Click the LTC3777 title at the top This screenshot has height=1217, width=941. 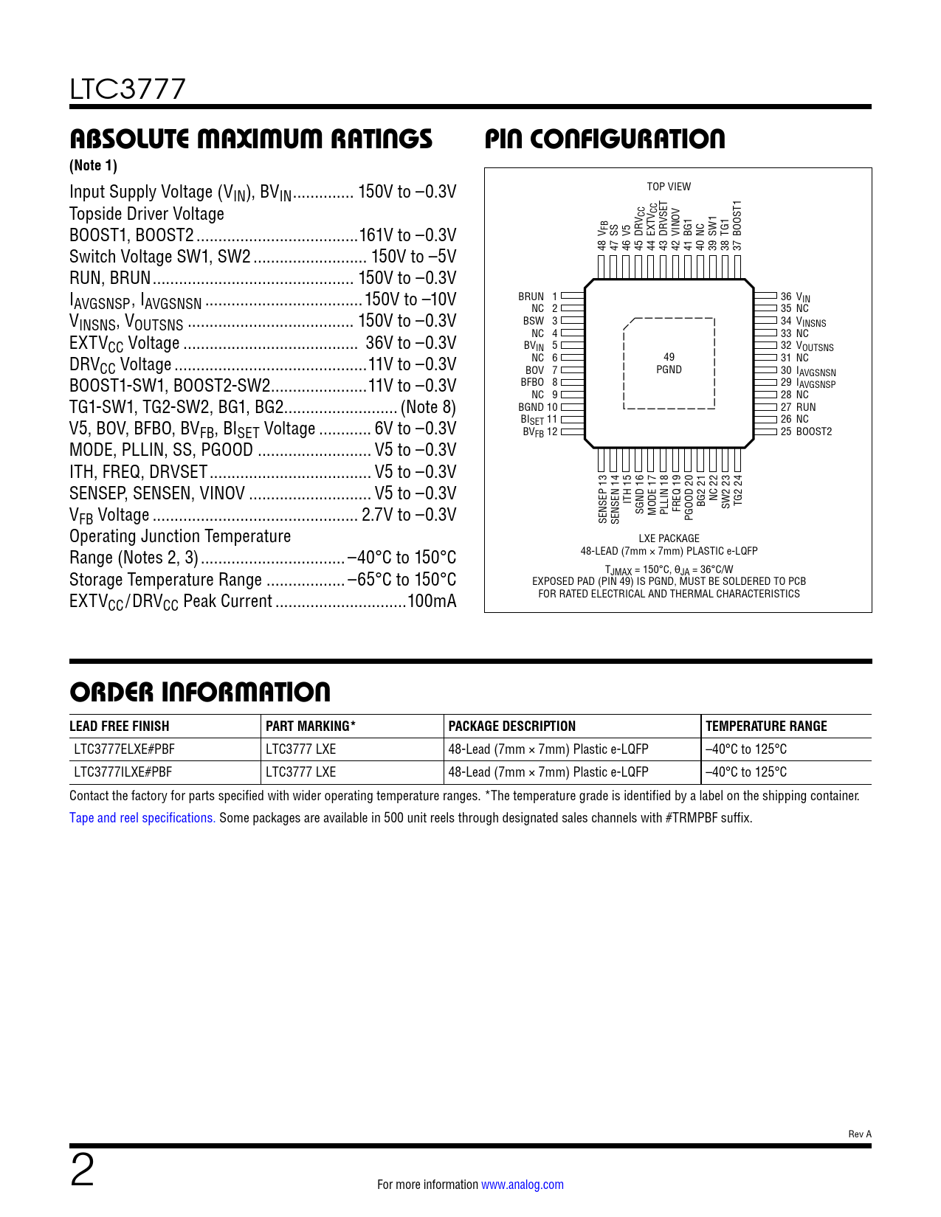(128, 90)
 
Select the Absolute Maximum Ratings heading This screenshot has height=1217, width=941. (251, 139)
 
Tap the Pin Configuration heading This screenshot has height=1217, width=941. (604, 139)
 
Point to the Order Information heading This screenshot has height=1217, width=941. (200, 692)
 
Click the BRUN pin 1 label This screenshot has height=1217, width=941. (531, 297)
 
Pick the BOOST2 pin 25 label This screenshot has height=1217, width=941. (813, 431)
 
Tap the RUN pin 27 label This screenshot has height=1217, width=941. (805, 407)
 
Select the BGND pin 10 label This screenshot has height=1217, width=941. (531, 407)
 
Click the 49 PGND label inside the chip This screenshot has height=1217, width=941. (669, 364)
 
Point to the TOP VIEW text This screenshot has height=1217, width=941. (669, 187)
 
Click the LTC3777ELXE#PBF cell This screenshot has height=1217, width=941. (125, 749)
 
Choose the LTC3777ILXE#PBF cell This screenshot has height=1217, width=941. (123, 772)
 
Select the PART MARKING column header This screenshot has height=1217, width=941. (311, 727)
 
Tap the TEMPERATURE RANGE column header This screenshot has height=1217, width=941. (766, 727)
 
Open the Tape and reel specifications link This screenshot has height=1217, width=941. (142, 818)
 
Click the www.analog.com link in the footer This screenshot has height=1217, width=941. (523, 1185)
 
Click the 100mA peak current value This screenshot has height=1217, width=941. (432, 601)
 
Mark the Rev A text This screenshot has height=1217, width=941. (860, 1134)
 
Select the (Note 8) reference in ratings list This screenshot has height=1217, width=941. (428, 407)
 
